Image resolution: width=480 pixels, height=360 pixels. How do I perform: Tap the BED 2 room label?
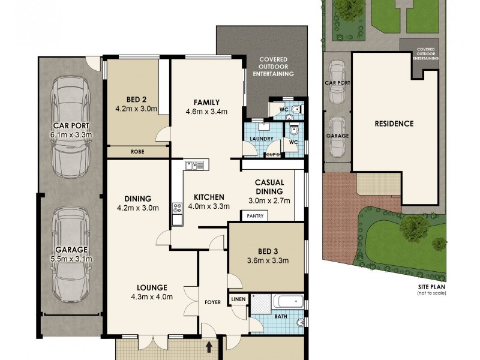coord(136,100)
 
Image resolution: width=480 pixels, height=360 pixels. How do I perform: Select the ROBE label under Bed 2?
coord(137,152)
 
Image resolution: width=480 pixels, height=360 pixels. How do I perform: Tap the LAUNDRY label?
coord(255,139)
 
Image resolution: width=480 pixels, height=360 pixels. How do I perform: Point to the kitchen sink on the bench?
coord(195,164)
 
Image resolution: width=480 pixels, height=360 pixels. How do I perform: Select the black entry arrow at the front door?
coord(209,346)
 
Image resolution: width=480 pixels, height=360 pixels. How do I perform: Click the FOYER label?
coord(212,302)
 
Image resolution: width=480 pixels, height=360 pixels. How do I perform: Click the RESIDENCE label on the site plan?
coord(394,124)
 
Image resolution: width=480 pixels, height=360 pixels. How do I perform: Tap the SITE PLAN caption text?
coord(432,287)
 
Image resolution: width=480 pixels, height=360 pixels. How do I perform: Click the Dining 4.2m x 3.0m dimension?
coord(137,208)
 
